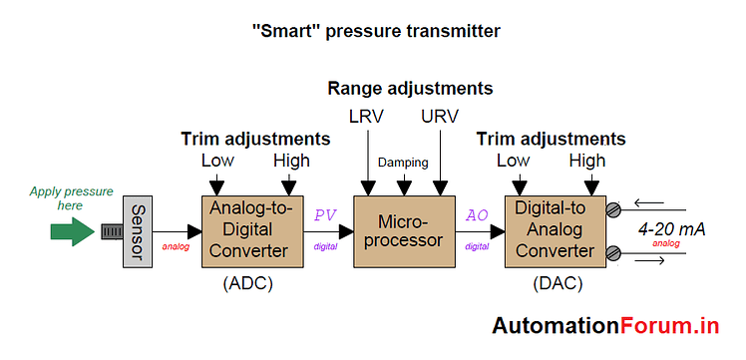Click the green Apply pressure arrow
70,232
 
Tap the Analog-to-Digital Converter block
249,231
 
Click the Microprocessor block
405,231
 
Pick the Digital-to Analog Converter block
554,231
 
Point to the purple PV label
325,214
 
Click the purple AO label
477,214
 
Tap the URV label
440,116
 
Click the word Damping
403,161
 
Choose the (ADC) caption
247,284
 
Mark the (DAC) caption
555,284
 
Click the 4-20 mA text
672,229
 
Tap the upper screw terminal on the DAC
612,208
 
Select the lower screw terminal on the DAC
612,254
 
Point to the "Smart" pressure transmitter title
375,31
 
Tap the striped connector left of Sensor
109,232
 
